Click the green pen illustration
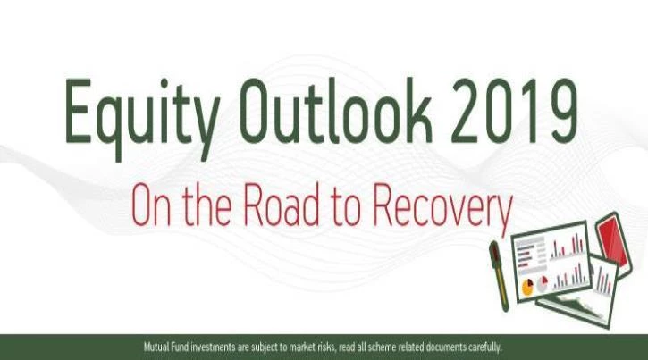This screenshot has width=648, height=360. [499, 275]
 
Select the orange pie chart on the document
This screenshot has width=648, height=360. [527, 288]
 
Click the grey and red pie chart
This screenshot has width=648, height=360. [543, 284]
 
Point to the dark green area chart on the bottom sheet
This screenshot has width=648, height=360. [579, 306]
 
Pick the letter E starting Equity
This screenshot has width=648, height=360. [78, 111]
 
